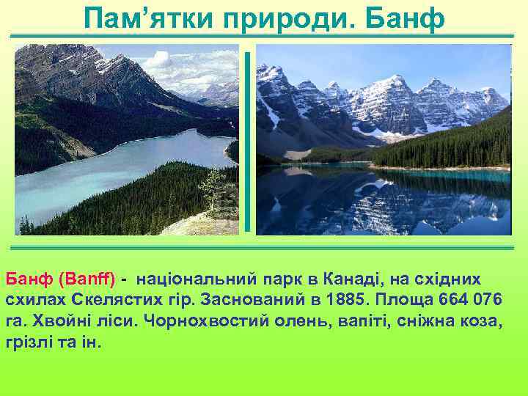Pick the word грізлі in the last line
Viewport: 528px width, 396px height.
coord(27,343)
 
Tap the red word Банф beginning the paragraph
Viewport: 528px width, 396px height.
coord(26,279)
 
